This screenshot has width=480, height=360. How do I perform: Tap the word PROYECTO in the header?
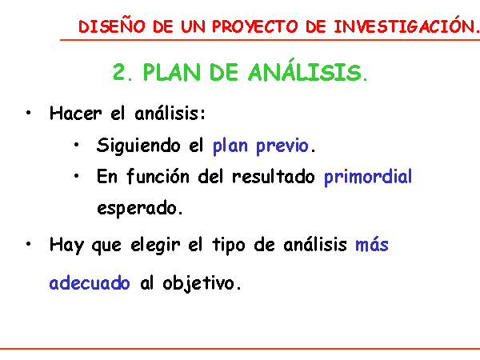click(x=255, y=26)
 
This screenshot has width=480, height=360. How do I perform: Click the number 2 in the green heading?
click(x=119, y=72)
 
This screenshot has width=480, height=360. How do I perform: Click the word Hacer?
click(x=76, y=113)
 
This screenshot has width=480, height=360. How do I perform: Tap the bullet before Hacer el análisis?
click(x=29, y=113)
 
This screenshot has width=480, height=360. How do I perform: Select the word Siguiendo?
click(x=138, y=146)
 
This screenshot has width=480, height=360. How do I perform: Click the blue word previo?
click(x=282, y=146)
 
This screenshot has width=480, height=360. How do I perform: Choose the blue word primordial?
click(x=368, y=178)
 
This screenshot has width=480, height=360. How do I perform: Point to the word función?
click(x=158, y=176)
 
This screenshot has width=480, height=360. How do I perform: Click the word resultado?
click(x=274, y=177)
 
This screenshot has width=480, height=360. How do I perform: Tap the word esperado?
click(x=137, y=209)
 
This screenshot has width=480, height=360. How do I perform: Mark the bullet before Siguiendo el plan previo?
click(x=76, y=145)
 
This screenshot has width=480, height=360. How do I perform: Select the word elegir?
click(x=155, y=246)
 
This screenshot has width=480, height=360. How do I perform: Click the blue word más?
click(x=372, y=245)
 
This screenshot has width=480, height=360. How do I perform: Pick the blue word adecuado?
click(x=90, y=282)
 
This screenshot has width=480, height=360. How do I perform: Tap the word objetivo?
click(x=198, y=283)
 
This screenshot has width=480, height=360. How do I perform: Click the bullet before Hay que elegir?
click(x=29, y=244)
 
